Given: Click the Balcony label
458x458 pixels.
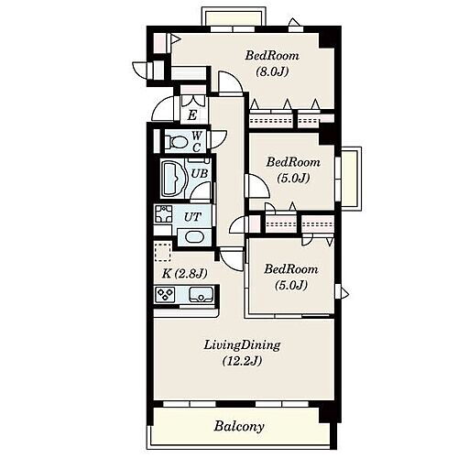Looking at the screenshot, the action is point(239,426).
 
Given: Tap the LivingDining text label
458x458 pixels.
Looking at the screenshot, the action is point(242,345).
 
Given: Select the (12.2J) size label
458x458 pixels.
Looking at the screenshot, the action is point(242,361).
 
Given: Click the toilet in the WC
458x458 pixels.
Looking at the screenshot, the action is point(176,142).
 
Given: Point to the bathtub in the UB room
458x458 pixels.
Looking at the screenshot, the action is point(173,179).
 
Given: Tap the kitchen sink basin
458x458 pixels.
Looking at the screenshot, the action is point(201,294).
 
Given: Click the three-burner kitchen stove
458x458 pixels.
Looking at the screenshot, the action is point(165,295).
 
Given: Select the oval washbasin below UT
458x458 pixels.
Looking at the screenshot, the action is point(194,237).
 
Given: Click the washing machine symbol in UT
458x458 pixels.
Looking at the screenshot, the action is point(164,213).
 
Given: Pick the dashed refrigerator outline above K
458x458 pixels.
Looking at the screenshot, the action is point(163,251).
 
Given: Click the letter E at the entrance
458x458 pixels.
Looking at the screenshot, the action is point(192,115).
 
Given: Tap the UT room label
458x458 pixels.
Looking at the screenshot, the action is point(192,217).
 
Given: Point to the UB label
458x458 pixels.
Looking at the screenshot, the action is point(200,174).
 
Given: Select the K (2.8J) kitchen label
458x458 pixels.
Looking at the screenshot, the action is point(184,273).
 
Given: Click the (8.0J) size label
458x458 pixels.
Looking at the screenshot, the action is point(272,71).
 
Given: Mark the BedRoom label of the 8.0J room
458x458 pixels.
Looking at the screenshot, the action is point(272,56).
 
